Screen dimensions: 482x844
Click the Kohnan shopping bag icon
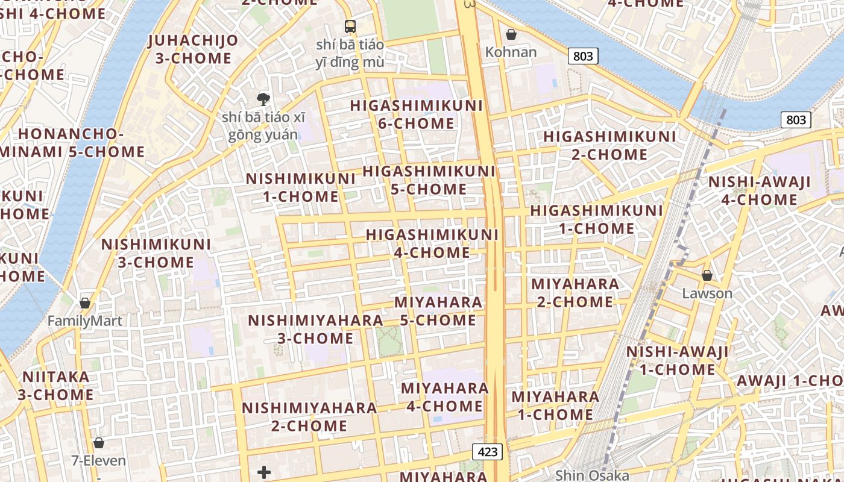(x=511, y=34)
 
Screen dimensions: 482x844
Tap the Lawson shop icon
(x=707, y=276)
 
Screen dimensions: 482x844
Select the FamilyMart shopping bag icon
(x=85, y=303)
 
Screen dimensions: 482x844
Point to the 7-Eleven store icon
(x=99, y=443)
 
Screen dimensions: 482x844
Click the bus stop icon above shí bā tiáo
(x=350, y=26)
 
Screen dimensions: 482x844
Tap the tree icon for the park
(x=263, y=99)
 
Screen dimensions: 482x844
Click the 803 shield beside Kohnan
(x=582, y=56)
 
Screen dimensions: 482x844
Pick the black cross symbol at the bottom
(x=264, y=472)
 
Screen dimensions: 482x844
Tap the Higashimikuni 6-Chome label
(x=417, y=114)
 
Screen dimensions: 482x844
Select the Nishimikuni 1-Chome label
(x=301, y=187)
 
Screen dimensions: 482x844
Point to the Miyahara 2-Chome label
(x=575, y=292)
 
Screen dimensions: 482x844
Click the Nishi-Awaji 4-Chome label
(x=759, y=190)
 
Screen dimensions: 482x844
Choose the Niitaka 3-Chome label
(x=55, y=386)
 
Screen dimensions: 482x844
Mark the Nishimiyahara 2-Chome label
(x=309, y=416)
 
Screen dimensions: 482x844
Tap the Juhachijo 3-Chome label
(x=193, y=49)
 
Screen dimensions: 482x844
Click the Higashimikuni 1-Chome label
(x=596, y=219)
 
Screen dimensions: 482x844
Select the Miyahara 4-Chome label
(x=445, y=396)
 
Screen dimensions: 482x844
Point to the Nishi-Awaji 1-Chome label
(x=677, y=360)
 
